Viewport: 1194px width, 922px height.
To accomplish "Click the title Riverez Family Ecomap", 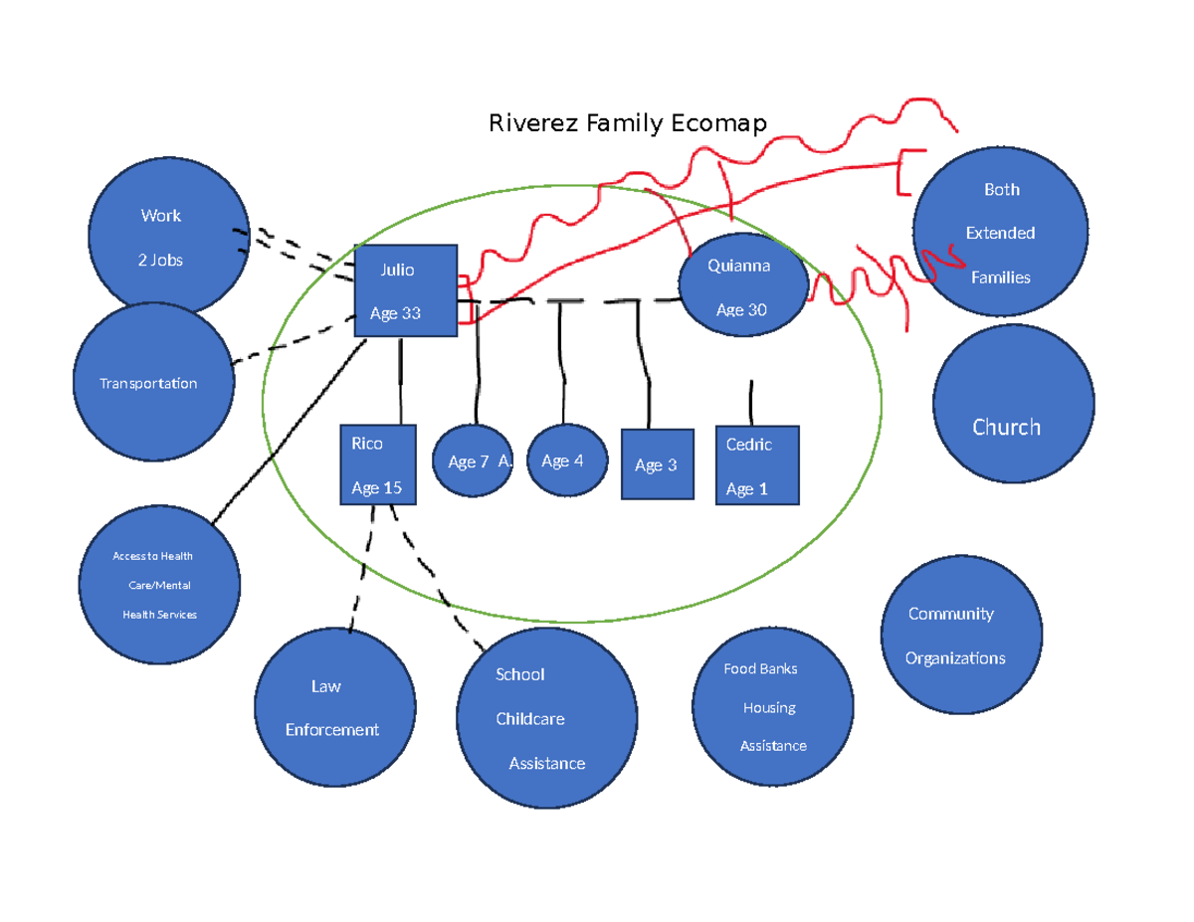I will (627, 123).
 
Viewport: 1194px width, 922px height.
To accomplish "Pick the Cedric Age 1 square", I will (757, 465).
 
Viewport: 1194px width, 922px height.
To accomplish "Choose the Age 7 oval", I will (472, 461).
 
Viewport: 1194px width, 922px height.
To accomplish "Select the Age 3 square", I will (657, 464).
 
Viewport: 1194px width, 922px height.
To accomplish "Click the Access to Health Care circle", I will (159, 585).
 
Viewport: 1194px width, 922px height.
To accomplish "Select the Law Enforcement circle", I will (332, 707).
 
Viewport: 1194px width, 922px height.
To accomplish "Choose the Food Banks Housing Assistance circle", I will (774, 707).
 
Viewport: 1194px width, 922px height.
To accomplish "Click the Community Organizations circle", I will (961, 636).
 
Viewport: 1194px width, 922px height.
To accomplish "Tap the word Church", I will (1006, 427).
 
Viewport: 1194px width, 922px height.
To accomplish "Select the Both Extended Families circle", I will (1000, 233).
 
